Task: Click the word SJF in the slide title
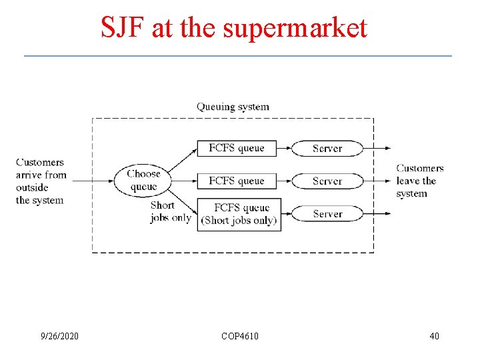[x=123, y=28]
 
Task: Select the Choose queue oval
[x=143, y=181]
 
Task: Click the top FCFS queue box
[x=237, y=148]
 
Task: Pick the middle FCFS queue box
[x=237, y=181]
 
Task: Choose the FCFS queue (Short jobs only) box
[x=239, y=214]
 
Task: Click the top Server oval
[x=327, y=148]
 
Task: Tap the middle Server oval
[x=327, y=181]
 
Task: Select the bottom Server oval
[x=327, y=214]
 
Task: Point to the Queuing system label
[x=233, y=107]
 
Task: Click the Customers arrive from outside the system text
[x=41, y=181]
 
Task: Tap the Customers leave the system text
[x=419, y=181]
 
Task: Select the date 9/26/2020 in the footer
[x=59, y=336]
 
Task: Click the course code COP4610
[x=240, y=336]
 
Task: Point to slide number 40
[x=434, y=336]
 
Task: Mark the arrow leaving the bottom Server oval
[x=377, y=214]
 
